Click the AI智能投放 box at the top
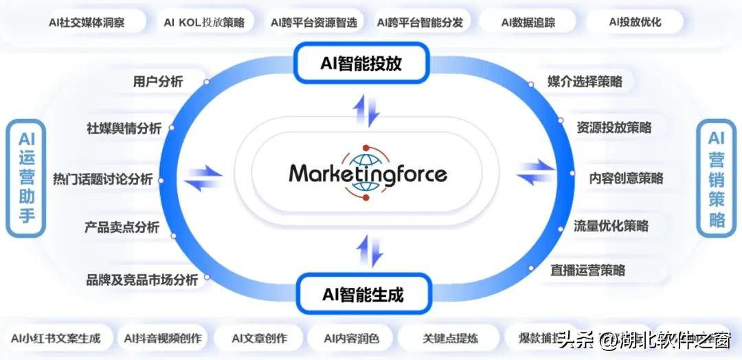coord(361,64)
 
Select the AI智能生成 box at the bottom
coord(363,295)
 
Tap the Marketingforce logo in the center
coord(368,172)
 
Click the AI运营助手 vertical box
coord(27,178)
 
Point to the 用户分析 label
coord(158,82)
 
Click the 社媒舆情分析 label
coord(124,128)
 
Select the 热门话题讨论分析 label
coord(103,179)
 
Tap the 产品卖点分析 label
coord(122,227)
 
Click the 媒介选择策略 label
coord(585,82)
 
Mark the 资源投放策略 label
coord(614,128)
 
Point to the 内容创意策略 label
coord(626,178)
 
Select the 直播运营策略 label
coord(587,270)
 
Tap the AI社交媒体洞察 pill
coord(87,22)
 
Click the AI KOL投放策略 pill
coord(204,22)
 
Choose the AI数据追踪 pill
coord(528,22)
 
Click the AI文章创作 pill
coord(259,338)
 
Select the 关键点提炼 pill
coord(450,338)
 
